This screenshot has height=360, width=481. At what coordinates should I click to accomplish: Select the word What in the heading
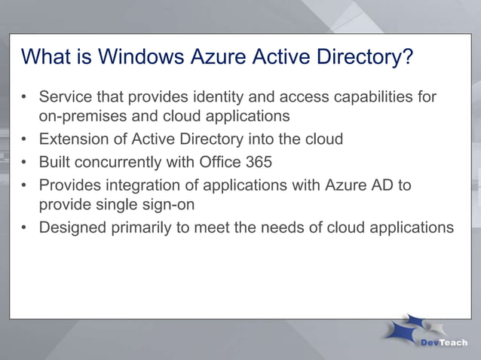coord(48,58)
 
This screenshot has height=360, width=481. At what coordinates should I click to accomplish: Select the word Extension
coord(74,139)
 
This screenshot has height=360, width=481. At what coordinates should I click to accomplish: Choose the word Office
coord(225,162)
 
